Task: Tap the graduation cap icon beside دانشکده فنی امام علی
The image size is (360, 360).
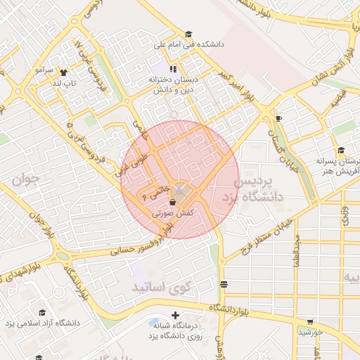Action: point(188,34)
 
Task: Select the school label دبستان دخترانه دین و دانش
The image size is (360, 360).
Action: point(173,84)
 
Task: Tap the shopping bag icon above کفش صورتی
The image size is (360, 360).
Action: point(172,202)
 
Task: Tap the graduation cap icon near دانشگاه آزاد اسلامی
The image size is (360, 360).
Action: point(41,312)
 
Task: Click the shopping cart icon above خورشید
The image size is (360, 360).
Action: point(309,321)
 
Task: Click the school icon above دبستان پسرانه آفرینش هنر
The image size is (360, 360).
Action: point(341,150)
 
